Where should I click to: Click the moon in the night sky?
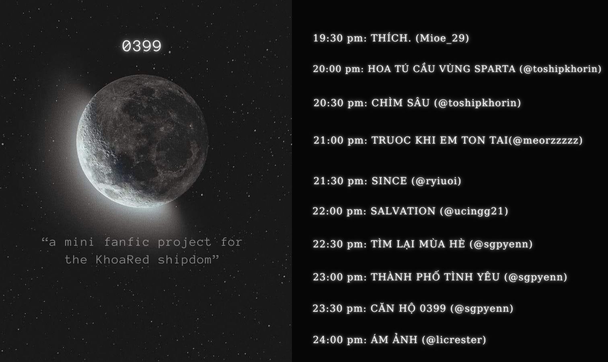[142, 141]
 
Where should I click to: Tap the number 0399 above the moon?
[142, 46]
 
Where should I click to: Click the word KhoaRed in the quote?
[122, 260]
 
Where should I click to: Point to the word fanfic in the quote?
[127, 242]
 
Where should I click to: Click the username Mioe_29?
[442, 38]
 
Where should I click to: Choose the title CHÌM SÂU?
[401, 103]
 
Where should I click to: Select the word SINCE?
[389, 181]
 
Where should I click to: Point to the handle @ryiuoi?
[436, 181]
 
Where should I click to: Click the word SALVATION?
[403, 211]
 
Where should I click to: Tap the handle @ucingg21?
[474, 211]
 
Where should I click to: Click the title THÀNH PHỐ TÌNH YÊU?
[435, 277]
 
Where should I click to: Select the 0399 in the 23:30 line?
[433, 308]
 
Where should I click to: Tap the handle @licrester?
[454, 340]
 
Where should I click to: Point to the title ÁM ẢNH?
[394, 339]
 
